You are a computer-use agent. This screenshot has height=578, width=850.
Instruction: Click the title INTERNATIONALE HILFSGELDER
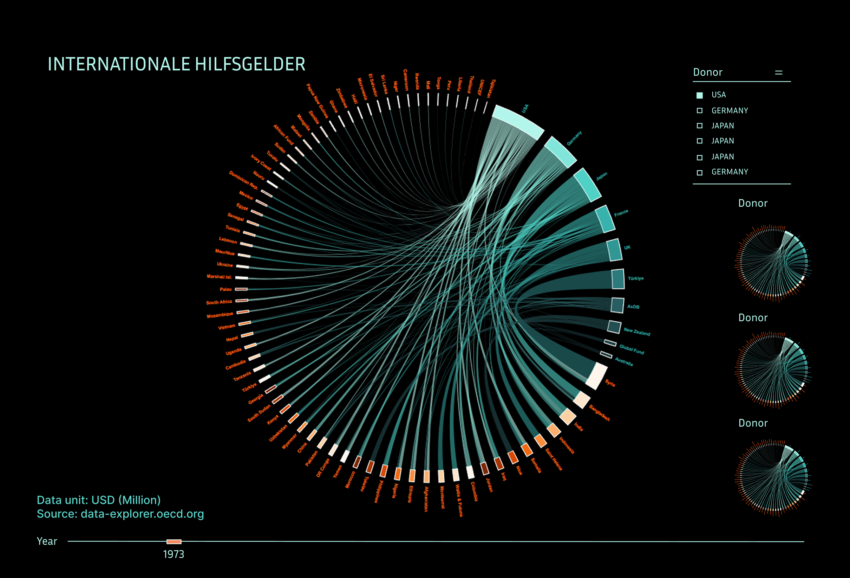tap(176, 64)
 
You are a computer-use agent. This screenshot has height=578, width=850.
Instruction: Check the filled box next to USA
tap(699, 95)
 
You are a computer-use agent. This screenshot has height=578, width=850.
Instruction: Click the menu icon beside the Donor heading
tap(778, 72)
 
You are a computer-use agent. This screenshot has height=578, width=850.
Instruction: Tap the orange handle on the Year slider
tap(174, 541)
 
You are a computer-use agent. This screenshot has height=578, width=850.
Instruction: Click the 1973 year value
tap(174, 554)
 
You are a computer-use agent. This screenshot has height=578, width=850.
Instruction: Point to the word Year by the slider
tap(47, 541)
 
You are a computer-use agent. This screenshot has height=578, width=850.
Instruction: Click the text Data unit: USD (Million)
tap(99, 500)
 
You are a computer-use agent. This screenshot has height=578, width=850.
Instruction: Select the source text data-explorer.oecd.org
tap(120, 514)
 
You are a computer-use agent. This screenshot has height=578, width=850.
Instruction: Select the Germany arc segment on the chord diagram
tap(560, 152)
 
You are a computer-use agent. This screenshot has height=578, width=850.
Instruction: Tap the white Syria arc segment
tap(596, 376)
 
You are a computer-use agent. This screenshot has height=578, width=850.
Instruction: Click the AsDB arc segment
tap(617, 305)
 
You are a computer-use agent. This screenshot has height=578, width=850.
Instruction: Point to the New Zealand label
tap(637, 332)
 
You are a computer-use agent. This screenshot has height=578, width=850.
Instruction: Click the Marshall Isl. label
tap(219, 277)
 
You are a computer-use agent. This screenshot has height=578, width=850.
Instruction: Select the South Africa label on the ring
tap(219, 302)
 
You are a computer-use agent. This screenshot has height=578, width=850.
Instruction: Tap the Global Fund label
tap(632, 349)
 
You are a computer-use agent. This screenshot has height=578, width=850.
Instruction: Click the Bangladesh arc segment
tap(582, 399)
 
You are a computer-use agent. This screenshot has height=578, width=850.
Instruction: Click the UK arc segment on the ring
tap(614, 250)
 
